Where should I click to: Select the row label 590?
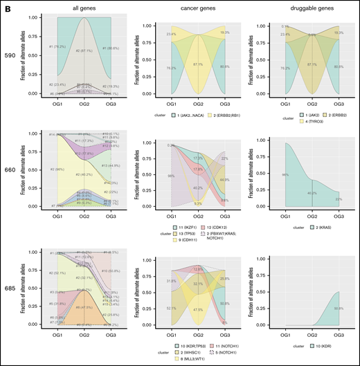[x=10, y=55]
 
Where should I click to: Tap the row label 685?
[x=10, y=288]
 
